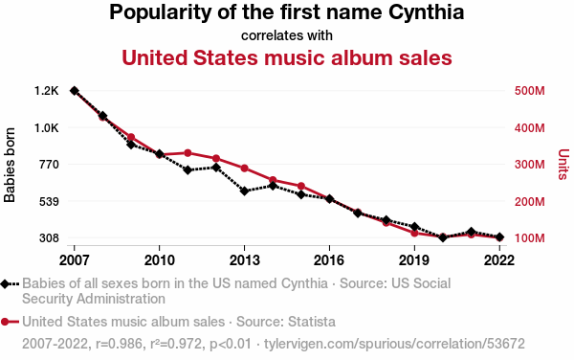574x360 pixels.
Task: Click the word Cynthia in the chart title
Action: point(426,12)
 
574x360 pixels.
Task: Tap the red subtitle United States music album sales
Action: point(287,57)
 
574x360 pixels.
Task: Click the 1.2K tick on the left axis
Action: point(47,90)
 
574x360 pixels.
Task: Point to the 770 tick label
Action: point(49,165)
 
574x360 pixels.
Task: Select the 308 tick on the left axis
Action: point(49,238)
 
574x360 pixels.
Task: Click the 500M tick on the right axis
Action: point(529,90)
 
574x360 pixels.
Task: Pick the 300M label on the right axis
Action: point(529,165)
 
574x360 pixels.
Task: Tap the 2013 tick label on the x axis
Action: point(244,260)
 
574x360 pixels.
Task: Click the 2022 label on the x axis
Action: point(499,260)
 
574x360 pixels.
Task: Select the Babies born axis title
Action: point(10,165)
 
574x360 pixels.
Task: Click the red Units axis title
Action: point(563,165)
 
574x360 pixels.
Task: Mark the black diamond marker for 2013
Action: point(244,191)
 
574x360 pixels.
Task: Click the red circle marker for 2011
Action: point(188,153)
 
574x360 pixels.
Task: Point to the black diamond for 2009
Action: point(131,145)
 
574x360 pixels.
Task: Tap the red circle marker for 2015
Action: point(301,186)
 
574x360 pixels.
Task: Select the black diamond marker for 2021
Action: point(471,232)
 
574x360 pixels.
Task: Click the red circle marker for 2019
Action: point(414,233)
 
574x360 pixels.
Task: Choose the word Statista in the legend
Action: point(312,322)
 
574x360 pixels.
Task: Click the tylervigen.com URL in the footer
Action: point(394,344)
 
